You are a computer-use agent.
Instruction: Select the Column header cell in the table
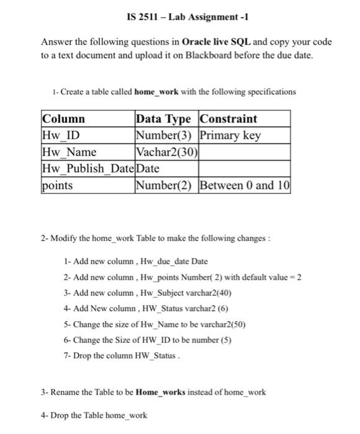tap(63, 119)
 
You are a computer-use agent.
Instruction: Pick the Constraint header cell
tap(228, 119)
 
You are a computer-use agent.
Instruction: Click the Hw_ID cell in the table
tap(60, 135)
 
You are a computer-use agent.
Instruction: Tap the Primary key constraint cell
tap(230, 135)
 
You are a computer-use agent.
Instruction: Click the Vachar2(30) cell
tap(166, 152)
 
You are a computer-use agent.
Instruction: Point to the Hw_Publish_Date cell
tap(88, 168)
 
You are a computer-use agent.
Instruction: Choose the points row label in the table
tap(57, 185)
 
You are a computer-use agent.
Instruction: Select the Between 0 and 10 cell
tap(245, 185)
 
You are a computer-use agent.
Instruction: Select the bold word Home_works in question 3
tap(160, 392)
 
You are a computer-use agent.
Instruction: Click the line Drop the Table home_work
tap(94, 415)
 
